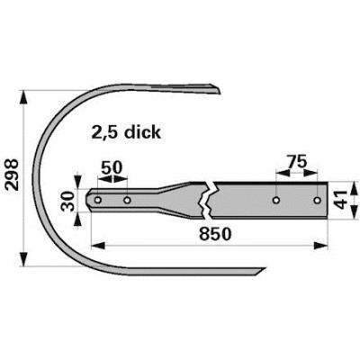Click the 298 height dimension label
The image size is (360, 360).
(12, 175)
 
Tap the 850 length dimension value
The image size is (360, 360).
(215, 234)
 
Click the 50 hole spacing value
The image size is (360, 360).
(112, 167)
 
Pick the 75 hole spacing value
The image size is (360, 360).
(297, 162)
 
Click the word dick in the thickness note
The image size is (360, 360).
(143, 132)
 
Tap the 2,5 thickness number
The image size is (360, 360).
(106, 132)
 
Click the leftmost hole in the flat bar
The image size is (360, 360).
(98, 200)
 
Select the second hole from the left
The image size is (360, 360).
(127, 200)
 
